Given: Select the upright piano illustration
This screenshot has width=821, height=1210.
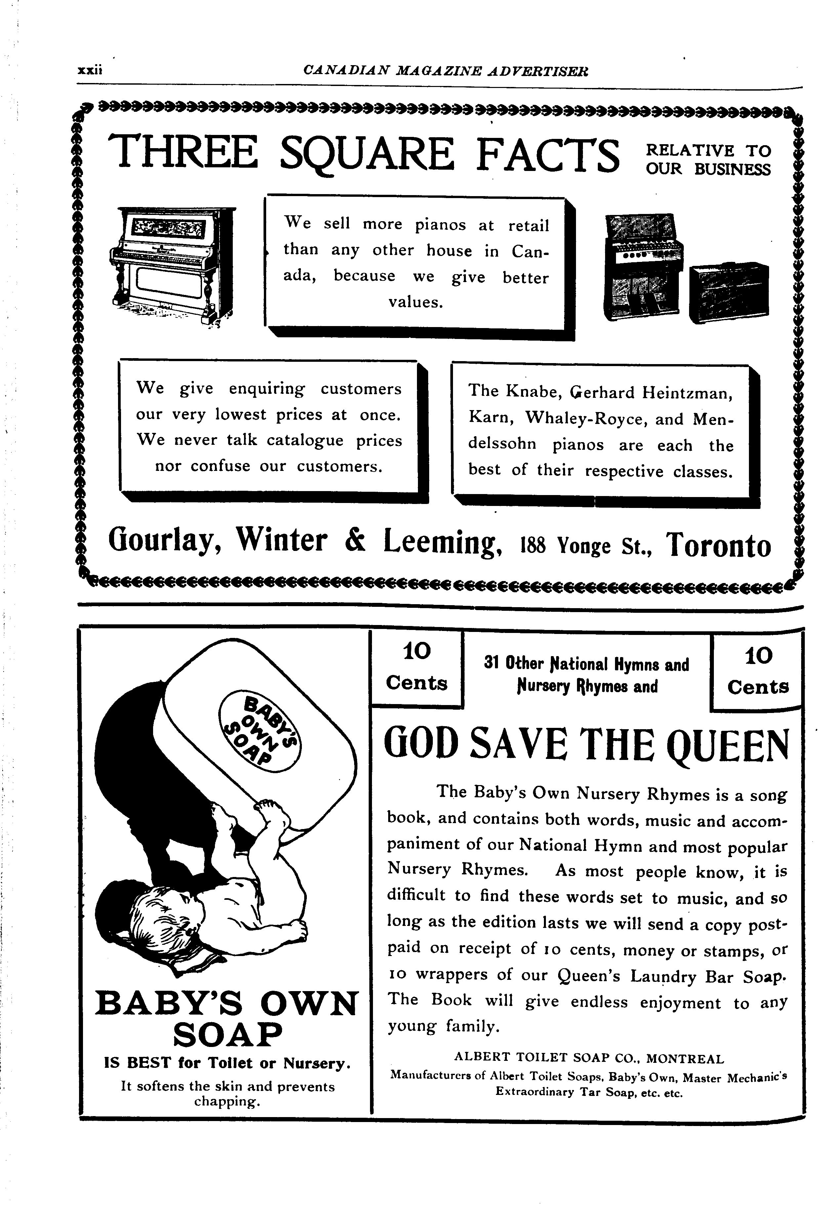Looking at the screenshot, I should tap(172, 266).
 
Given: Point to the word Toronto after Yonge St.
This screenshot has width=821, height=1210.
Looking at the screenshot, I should tap(719, 545).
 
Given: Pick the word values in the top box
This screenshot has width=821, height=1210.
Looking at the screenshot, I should tap(415, 302).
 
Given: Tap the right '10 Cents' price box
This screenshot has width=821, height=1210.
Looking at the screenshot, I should tap(758, 672).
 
